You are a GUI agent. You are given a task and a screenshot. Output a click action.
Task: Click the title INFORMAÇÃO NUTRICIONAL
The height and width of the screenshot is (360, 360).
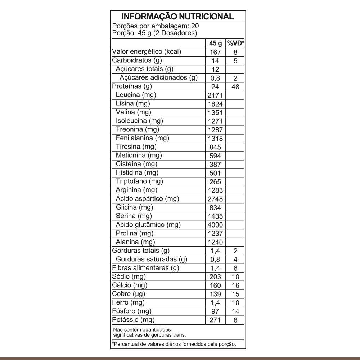(x=178, y=17)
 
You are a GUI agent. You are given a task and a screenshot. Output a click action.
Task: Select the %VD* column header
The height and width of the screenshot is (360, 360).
(x=235, y=43)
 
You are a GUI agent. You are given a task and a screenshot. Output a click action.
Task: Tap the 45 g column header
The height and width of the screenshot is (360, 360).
(x=215, y=43)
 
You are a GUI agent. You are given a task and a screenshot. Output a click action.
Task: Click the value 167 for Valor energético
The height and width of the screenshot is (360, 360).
(x=215, y=52)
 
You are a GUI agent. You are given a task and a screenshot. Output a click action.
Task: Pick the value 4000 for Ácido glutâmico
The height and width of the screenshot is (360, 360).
(x=215, y=225)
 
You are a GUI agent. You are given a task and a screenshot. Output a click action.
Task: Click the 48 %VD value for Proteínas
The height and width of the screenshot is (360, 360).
(x=235, y=87)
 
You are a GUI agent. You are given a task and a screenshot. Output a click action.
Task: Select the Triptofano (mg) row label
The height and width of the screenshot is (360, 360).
(x=137, y=181)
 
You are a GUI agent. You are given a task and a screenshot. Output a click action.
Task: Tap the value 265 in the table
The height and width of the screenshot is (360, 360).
(x=215, y=182)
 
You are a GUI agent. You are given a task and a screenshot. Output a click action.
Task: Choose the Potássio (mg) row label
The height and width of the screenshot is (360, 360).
(x=133, y=320)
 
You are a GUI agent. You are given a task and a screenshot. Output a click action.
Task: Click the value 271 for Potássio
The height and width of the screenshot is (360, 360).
(x=215, y=320)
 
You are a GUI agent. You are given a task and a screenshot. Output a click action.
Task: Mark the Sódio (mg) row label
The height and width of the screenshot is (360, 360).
(x=129, y=276)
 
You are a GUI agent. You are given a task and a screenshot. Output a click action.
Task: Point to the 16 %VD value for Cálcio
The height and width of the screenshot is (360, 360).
(x=235, y=285)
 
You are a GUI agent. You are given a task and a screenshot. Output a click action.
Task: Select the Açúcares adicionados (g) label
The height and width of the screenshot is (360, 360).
(x=159, y=78)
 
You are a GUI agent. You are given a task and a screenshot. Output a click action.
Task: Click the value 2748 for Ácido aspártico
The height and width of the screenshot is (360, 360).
(x=215, y=199)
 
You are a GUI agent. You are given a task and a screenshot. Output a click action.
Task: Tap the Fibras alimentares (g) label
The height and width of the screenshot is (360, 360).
(x=146, y=268)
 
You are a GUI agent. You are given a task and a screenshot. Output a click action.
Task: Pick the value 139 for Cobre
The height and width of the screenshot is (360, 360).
(x=215, y=294)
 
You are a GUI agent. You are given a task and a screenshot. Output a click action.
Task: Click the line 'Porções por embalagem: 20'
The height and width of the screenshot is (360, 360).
(x=156, y=26)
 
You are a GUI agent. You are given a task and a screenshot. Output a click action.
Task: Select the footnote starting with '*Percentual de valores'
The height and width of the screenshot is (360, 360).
(x=174, y=344)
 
